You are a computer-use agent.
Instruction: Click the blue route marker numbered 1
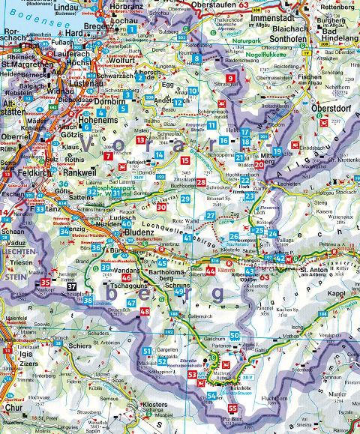pos(133,29)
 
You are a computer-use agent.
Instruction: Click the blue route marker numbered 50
pos(234,336)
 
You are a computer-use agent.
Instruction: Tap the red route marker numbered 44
pos(211,271)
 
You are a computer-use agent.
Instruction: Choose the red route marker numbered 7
pos(109,156)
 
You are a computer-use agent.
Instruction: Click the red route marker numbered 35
pos(46,283)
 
